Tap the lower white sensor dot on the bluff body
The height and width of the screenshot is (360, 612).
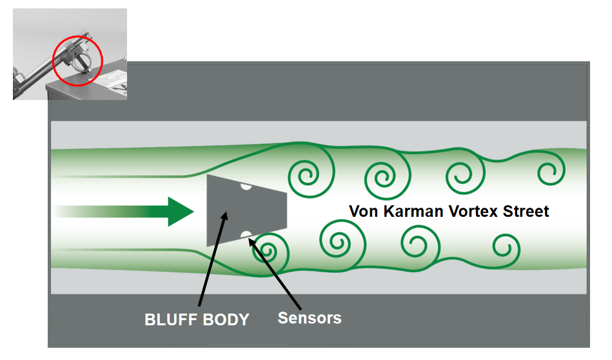tap(245, 234)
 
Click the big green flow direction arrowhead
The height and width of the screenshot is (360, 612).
tap(181, 211)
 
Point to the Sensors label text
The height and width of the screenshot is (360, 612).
tap(310, 317)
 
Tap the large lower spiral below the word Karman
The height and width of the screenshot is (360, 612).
tap(338, 243)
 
